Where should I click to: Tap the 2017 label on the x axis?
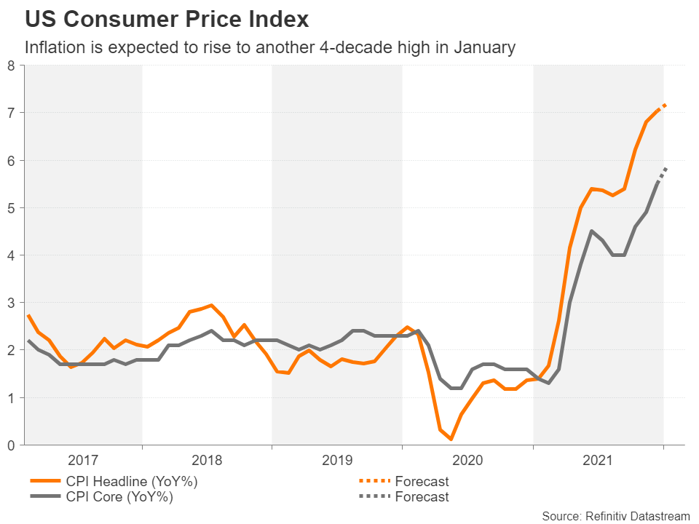pyautogui.click(x=83, y=461)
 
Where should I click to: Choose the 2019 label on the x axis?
pyautogui.click(x=336, y=461)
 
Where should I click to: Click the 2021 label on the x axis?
pyautogui.click(x=597, y=461)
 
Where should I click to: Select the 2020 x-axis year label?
pyautogui.click(x=467, y=461)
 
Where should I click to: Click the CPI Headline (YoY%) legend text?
pyautogui.click(x=130, y=481)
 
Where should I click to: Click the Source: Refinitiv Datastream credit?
pyautogui.click(x=615, y=515)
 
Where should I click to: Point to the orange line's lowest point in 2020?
pyautogui.click(x=451, y=439)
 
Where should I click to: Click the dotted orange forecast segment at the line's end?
pyautogui.click(x=663, y=106)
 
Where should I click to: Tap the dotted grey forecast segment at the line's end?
pyautogui.click(x=663, y=172)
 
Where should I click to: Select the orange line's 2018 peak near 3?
pyautogui.click(x=210, y=306)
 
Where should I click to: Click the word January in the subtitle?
pyautogui.click(x=486, y=48)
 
